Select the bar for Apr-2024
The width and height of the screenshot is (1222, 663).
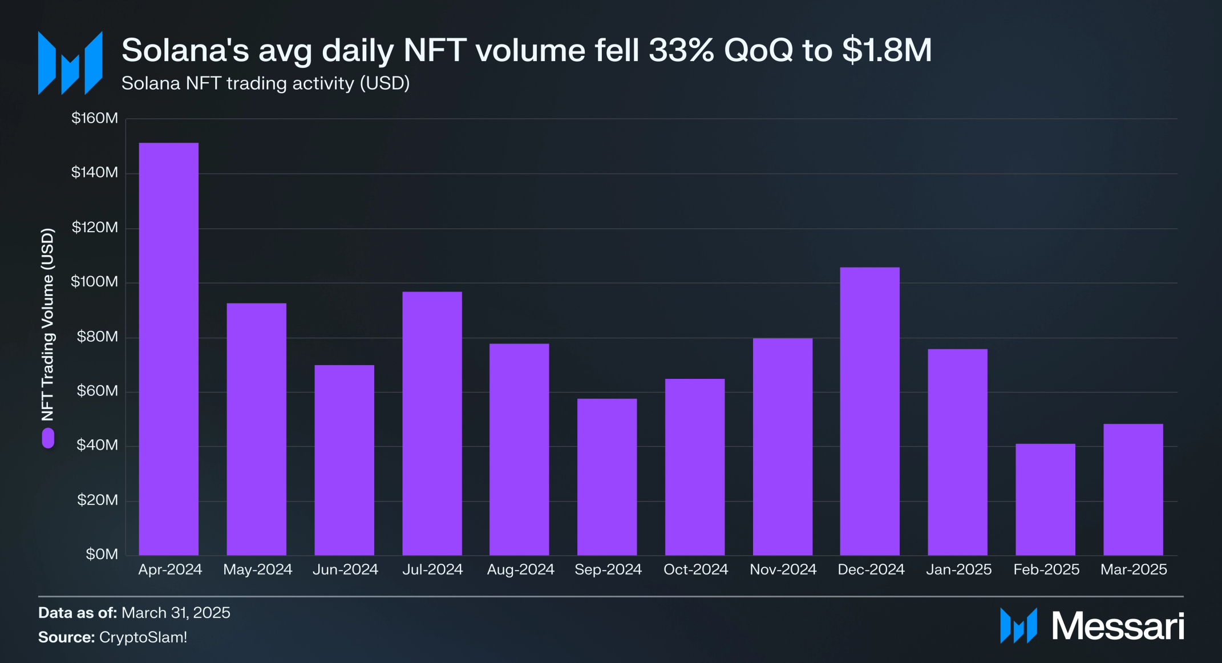tap(169, 349)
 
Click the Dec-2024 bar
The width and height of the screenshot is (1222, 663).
tap(870, 411)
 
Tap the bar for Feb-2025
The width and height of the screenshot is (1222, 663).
tap(1045, 499)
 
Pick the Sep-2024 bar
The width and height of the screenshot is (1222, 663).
tap(607, 476)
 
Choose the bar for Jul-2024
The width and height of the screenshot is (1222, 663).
tap(432, 423)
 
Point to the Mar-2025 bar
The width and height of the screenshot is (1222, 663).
tap(1133, 489)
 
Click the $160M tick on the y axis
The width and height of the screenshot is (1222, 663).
tap(95, 118)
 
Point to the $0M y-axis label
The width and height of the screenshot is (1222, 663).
tap(102, 554)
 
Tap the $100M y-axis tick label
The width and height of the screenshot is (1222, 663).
tap(95, 282)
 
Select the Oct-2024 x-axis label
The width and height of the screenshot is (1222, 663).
tap(695, 569)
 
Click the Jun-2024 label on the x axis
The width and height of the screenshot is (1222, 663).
tap(345, 569)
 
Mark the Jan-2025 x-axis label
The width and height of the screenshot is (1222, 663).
tap(958, 569)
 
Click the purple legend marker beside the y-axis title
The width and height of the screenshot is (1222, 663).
tap(48, 438)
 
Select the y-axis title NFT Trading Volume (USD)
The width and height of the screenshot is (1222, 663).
tap(48, 324)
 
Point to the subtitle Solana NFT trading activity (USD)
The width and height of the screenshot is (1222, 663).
tap(265, 83)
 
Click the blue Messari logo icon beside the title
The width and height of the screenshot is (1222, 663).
tap(70, 63)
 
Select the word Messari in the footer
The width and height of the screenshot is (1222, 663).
tap(1118, 626)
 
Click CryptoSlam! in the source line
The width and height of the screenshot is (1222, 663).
tap(143, 637)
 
